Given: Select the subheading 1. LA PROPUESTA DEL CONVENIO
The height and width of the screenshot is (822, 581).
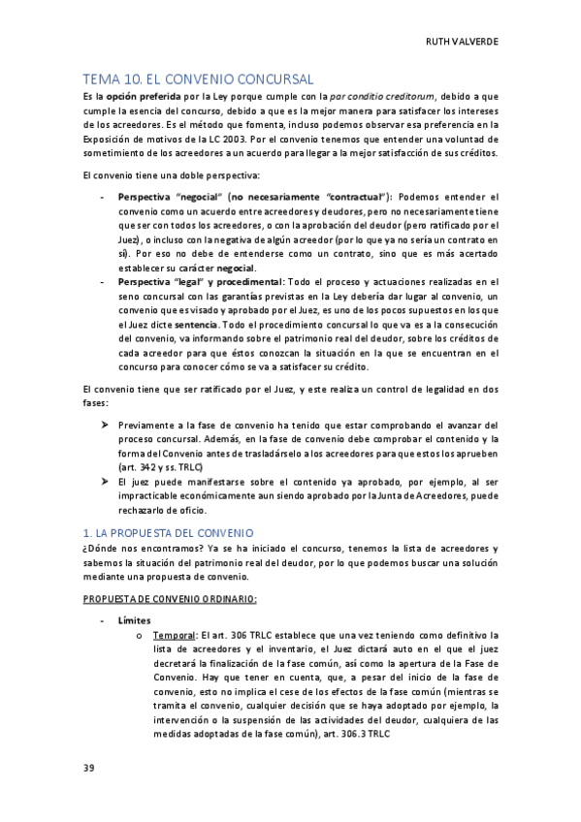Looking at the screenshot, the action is pos(168,532).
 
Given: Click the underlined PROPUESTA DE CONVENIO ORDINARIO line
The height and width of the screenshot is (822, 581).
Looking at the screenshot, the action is pos(170,598).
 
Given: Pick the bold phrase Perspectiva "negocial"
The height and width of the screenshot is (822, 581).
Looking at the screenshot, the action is pos(163,196).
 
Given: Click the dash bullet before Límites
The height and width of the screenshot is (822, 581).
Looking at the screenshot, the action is pos(103,618).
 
